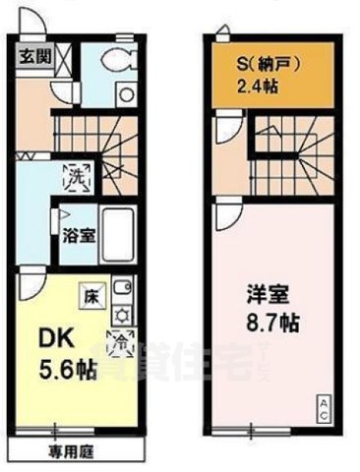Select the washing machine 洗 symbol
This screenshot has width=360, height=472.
pyautogui.click(x=74, y=178)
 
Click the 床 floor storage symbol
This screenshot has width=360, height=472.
pyautogui.click(x=89, y=294)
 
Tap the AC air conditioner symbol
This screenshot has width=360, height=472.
pyautogui.click(x=322, y=409)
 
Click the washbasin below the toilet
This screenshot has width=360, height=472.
pyautogui.click(x=125, y=94)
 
